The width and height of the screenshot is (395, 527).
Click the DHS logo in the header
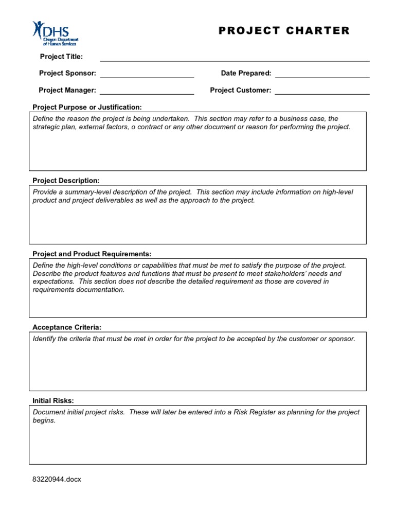point(55,33)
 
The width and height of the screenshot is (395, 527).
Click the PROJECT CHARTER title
point(284,30)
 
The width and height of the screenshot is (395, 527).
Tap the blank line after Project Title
point(235,59)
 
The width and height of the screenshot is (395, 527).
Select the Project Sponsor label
point(67,73)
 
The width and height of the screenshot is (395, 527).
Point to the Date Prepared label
point(246,73)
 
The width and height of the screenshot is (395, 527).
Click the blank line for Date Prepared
point(322,75)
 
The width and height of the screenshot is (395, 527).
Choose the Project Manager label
point(67,90)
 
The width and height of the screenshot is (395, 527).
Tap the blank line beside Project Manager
point(147,92)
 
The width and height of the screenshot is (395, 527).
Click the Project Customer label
point(240,90)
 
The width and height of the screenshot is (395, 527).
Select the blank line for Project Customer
point(322,92)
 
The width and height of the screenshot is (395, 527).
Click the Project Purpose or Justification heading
point(87,107)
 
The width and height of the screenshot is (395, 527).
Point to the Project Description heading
point(66,181)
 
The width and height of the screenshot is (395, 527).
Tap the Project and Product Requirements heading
point(92,254)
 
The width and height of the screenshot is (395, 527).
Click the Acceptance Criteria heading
point(67,327)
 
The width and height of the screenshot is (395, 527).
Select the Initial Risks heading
point(53,400)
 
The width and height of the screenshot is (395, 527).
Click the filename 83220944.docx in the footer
point(57,479)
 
